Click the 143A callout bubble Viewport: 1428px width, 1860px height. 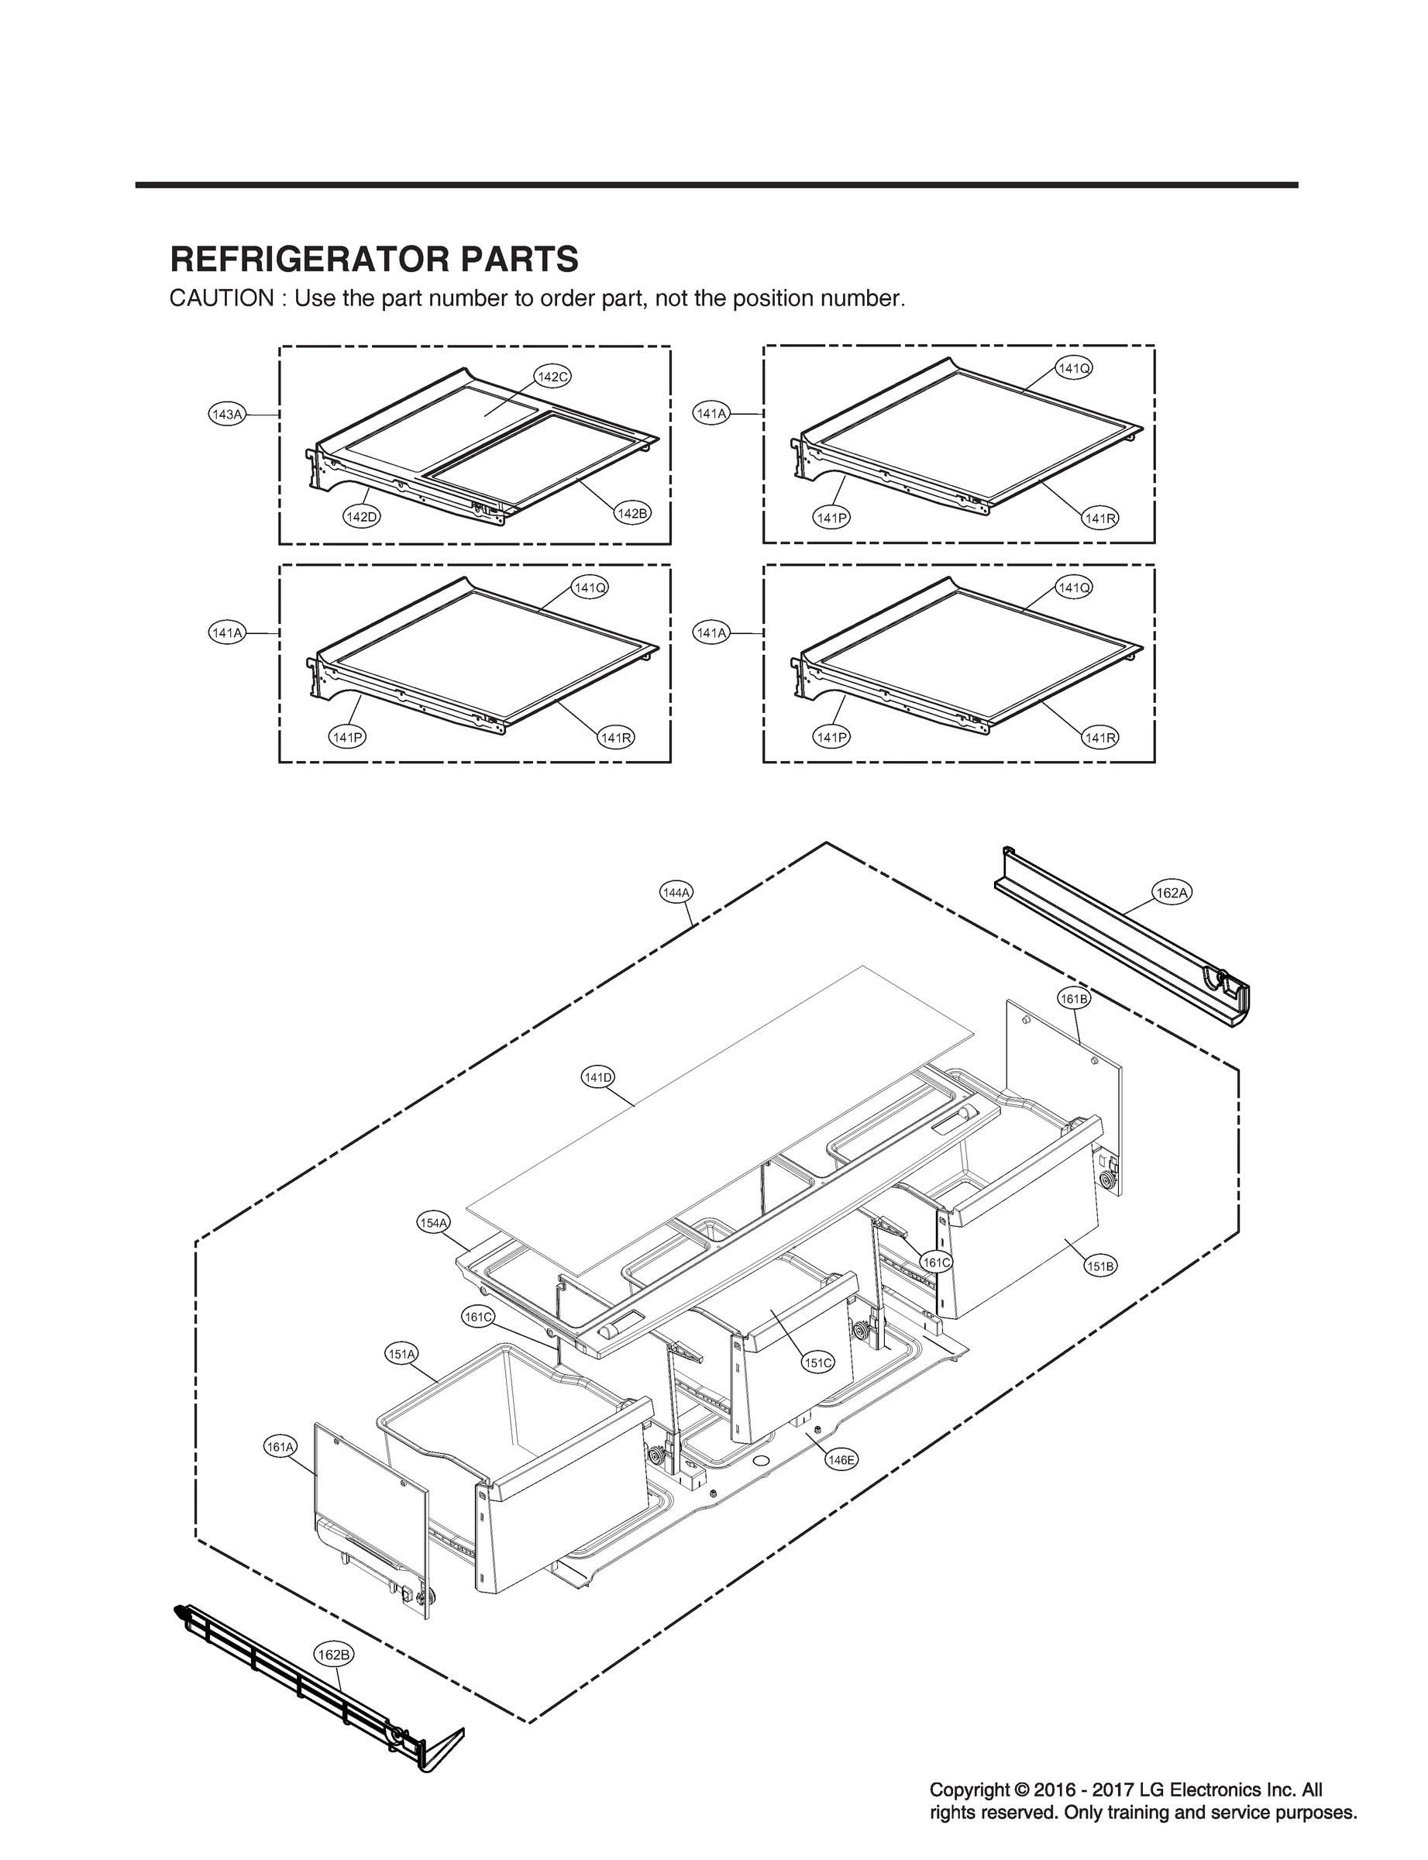pyautogui.click(x=227, y=414)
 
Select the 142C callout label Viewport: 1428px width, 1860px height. pyautogui.click(x=552, y=377)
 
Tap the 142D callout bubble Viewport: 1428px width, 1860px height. pyautogui.click(x=361, y=516)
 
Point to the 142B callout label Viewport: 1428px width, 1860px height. pyautogui.click(x=631, y=514)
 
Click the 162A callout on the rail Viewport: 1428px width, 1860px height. pyautogui.click(x=1172, y=893)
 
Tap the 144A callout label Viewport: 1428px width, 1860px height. pyautogui.click(x=676, y=893)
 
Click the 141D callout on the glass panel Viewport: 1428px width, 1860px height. pyautogui.click(x=597, y=1077)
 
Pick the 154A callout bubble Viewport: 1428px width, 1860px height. pyautogui.click(x=433, y=1223)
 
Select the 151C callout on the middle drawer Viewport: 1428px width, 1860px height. pyautogui.click(x=817, y=1362)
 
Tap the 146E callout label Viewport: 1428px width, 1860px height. pyautogui.click(x=841, y=1459)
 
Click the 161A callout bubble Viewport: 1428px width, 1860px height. pyautogui.click(x=280, y=1446)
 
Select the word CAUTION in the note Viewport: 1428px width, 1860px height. pyautogui.click(x=221, y=299)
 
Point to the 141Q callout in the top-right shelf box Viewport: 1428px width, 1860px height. pyautogui.click(x=1074, y=368)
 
